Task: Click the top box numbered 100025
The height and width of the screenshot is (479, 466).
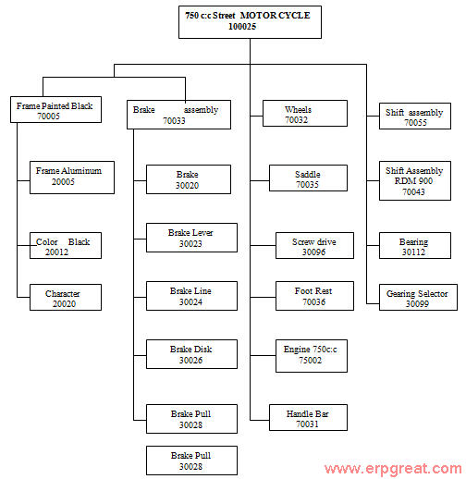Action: coord(250,22)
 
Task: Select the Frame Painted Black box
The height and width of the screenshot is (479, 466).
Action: coord(55,109)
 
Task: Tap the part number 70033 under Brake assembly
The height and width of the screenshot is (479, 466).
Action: coord(174,120)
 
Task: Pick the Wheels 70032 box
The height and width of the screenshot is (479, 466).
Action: coord(305,113)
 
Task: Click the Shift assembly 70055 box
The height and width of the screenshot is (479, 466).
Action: coord(415,116)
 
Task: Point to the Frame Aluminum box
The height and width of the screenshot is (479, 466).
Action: coord(72,178)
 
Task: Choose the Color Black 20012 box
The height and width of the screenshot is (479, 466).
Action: coord(66,245)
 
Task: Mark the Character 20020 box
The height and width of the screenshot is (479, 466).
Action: coord(66,297)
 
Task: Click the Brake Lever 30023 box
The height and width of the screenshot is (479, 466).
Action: coord(191,238)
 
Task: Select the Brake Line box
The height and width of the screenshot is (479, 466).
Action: coord(191,296)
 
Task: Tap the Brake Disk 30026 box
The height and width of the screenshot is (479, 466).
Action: coord(191,354)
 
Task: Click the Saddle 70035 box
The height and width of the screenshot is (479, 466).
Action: coord(308,178)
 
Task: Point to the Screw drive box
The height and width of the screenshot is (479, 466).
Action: coord(314,245)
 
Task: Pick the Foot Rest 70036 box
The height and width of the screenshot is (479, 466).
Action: coord(314,296)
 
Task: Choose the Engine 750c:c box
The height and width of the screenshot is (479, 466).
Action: coord(312,356)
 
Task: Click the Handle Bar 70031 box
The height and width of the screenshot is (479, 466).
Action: coord(308,417)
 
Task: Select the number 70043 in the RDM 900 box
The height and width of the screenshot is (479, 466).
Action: coord(413,192)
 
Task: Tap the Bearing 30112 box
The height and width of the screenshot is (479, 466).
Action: coord(415,245)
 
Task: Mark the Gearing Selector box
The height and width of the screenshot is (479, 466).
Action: coord(418,297)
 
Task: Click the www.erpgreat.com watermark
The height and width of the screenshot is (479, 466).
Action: coord(393,469)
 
